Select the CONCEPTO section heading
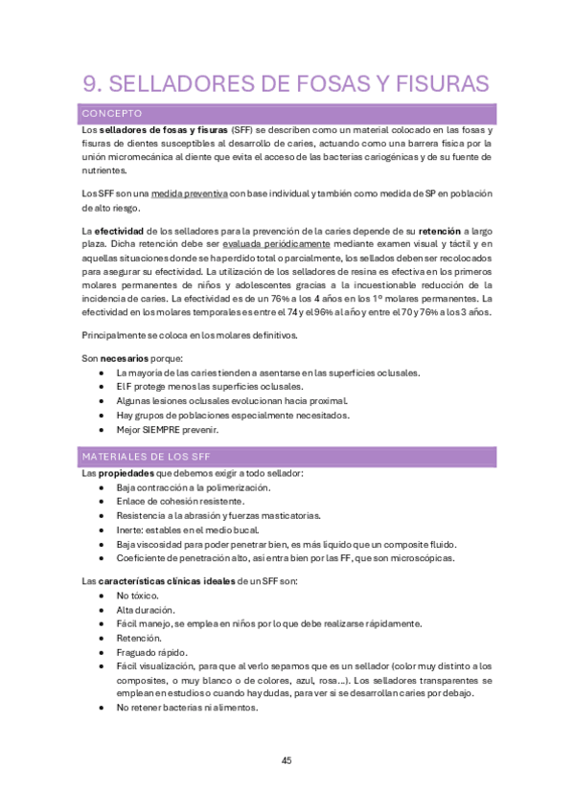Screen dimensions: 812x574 click(112, 113)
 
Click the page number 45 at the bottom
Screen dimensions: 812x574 click(287, 760)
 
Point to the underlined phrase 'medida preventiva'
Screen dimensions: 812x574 click(189, 193)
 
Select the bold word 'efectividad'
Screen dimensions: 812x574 click(119, 231)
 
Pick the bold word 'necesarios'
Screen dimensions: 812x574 click(126, 358)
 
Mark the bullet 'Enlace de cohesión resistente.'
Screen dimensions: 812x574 click(180, 501)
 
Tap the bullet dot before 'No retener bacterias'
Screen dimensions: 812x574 click(102, 708)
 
